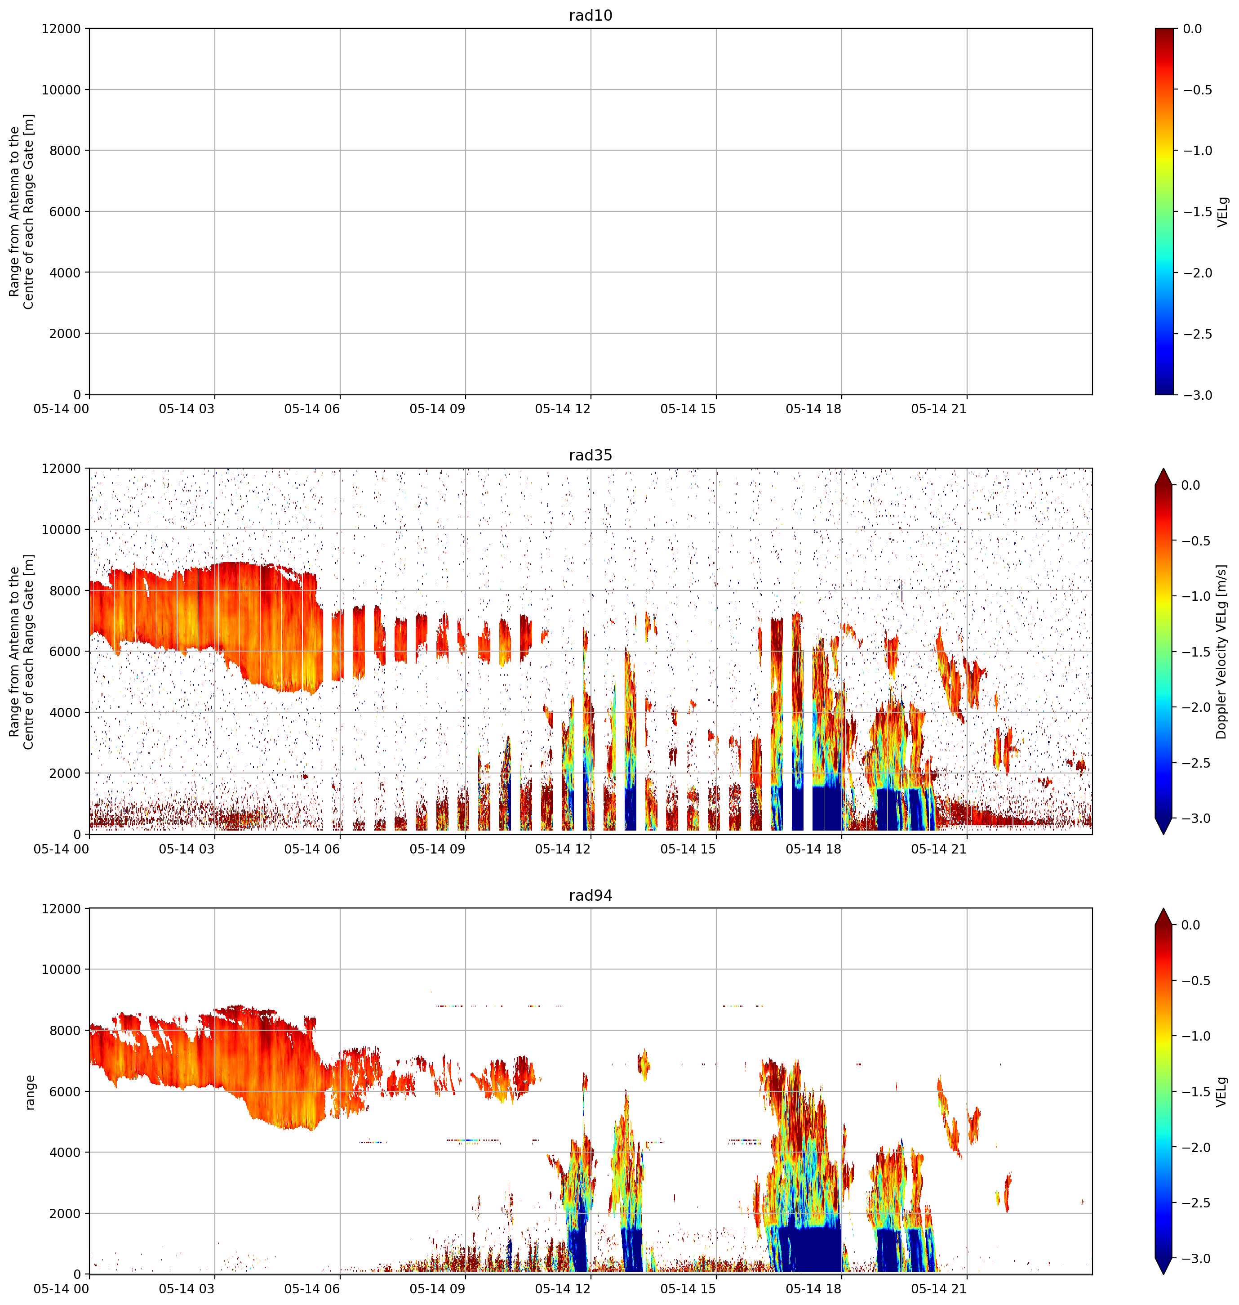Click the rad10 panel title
[591, 15]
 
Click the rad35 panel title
[591, 455]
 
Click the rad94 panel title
[591, 895]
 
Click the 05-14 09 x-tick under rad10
[437, 409]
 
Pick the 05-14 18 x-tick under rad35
[814, 849]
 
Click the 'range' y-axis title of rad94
[30, 1091]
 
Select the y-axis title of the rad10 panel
[22, 211]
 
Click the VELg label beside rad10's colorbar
[1222, 211]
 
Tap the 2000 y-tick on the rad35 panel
[65, 773]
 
